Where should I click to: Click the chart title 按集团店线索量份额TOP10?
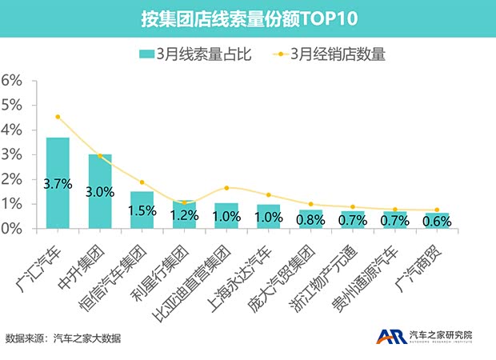click(x=248, y=18)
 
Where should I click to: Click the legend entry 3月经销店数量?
click(x=329, y=55)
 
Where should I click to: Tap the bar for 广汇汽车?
click(x=58, y=183)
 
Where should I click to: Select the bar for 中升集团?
click(x=100, y=191)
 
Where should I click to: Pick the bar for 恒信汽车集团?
click(x=142, y=210)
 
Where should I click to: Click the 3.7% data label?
click(x=58, y=184)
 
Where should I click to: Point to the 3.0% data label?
click(x=100, y=191)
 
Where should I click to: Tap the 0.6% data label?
click(x=436, y=219)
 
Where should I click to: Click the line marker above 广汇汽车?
click(x=58, y=117)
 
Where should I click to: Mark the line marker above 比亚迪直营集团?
click(x=226, y=188)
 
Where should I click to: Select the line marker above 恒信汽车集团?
click(x=142, y=182)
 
